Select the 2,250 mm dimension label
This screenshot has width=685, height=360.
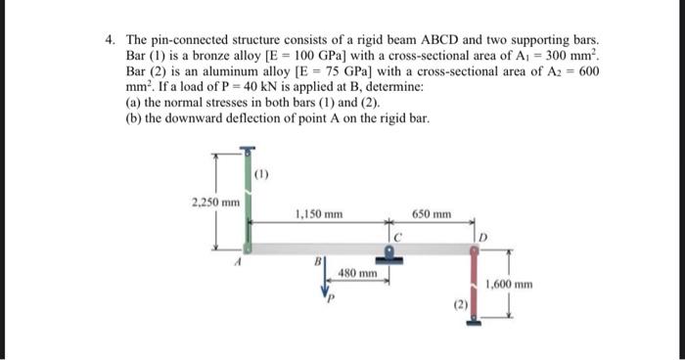[214, 202]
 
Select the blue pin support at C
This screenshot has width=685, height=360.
[391, 257]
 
